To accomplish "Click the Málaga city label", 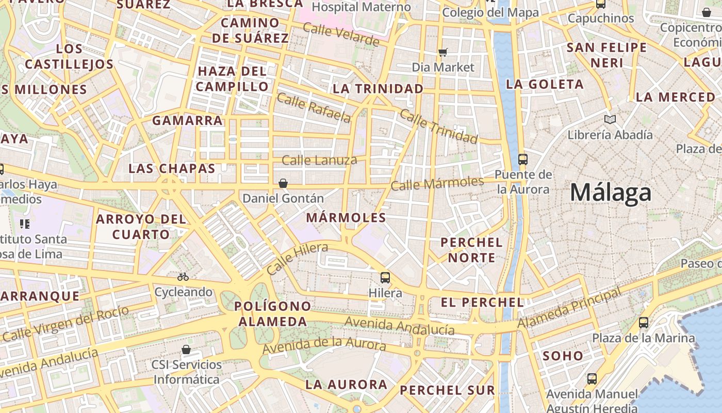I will (611, 193).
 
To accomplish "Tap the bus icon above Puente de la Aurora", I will (523, 159).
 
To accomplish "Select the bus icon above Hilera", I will (385, 278).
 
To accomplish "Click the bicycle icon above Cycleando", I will (183, 277).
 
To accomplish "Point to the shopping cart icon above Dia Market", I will (443, 52).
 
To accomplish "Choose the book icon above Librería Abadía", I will (610, 120).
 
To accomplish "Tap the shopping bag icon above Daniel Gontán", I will (283, 183).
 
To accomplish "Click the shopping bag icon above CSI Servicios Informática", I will (186, 350).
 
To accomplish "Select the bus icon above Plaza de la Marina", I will (644, 323).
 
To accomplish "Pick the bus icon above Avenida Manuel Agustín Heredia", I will (592, 378).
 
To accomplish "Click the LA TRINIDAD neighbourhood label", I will (378, 89).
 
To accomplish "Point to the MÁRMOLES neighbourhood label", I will (346, 218).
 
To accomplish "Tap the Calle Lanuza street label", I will (320, 160).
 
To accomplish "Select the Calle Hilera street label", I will (298, 259).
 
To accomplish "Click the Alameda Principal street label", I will (569, 309).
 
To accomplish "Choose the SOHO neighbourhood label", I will (563, 356).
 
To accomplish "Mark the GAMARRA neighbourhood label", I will (187, 121).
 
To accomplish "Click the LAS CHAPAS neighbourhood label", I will (172, 168).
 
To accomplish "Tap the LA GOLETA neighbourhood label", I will (545, 84).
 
